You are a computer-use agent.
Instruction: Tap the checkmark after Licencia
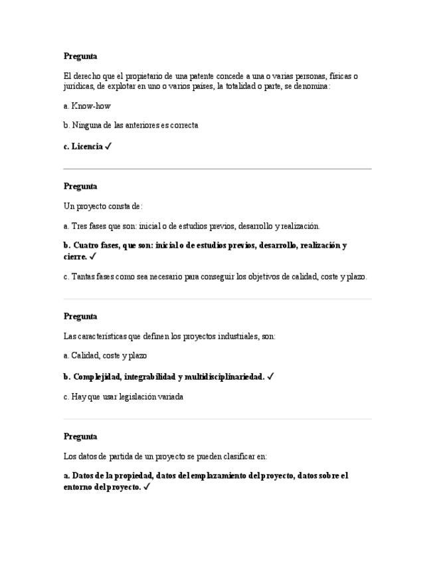point(108,146)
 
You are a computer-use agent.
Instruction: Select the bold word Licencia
point(87,147)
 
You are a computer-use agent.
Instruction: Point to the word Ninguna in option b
point(86,125)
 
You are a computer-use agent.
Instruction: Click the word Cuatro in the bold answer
point(88,246)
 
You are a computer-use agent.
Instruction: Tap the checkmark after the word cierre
point(93,256)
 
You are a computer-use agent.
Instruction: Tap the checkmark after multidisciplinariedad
point(270,376)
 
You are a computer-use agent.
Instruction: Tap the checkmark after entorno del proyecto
point(147,487)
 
